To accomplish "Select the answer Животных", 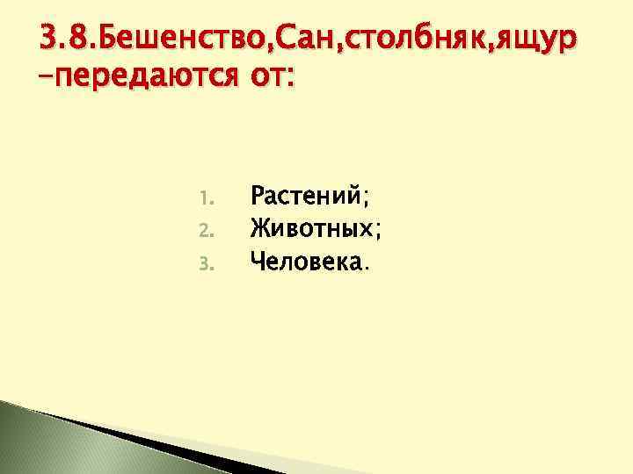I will pos(312,228).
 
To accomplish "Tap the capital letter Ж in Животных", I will pos(261,228).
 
